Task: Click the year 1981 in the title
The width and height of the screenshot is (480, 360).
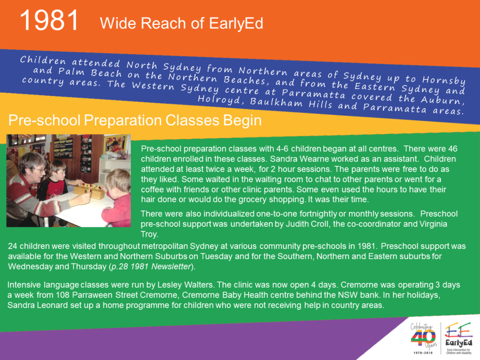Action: coord(49,21)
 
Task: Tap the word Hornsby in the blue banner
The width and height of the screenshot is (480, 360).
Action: coord(444,80)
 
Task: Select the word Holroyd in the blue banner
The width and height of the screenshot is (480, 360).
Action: coord(219,99)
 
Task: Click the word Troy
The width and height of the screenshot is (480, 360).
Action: coord(150,234)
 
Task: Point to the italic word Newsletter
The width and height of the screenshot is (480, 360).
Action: coord(171,267)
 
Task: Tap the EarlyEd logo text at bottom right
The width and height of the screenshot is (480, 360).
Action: coord(458,343)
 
